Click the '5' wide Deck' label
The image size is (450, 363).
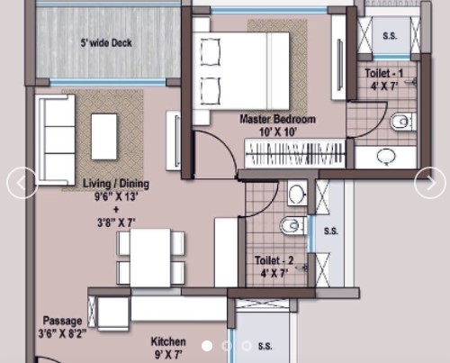[106, 42]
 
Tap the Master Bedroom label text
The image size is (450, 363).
[278, 119]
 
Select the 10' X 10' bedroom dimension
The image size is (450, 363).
[278, 132]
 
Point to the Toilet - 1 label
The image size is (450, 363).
[383, 73]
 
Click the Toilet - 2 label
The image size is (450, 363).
[274, 260]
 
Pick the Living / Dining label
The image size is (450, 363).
[116, 184]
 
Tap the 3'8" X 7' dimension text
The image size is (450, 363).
[116, 222]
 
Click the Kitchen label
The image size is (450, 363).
[168, 341]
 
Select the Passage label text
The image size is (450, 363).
[62, 321]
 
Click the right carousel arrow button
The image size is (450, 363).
[430, 183]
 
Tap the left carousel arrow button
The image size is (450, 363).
[22, 183]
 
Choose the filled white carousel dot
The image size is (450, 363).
[207, 346]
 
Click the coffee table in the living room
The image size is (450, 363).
[103, 137]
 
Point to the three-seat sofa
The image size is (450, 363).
[55, 140]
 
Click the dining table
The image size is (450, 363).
[150, 258]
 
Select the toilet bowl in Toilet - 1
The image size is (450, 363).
[403, 122]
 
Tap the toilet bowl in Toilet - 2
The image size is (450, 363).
[293, 225]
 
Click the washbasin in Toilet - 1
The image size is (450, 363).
[386, 157]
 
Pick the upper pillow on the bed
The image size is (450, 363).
[211, 52]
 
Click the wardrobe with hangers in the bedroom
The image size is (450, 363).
[295, 153]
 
